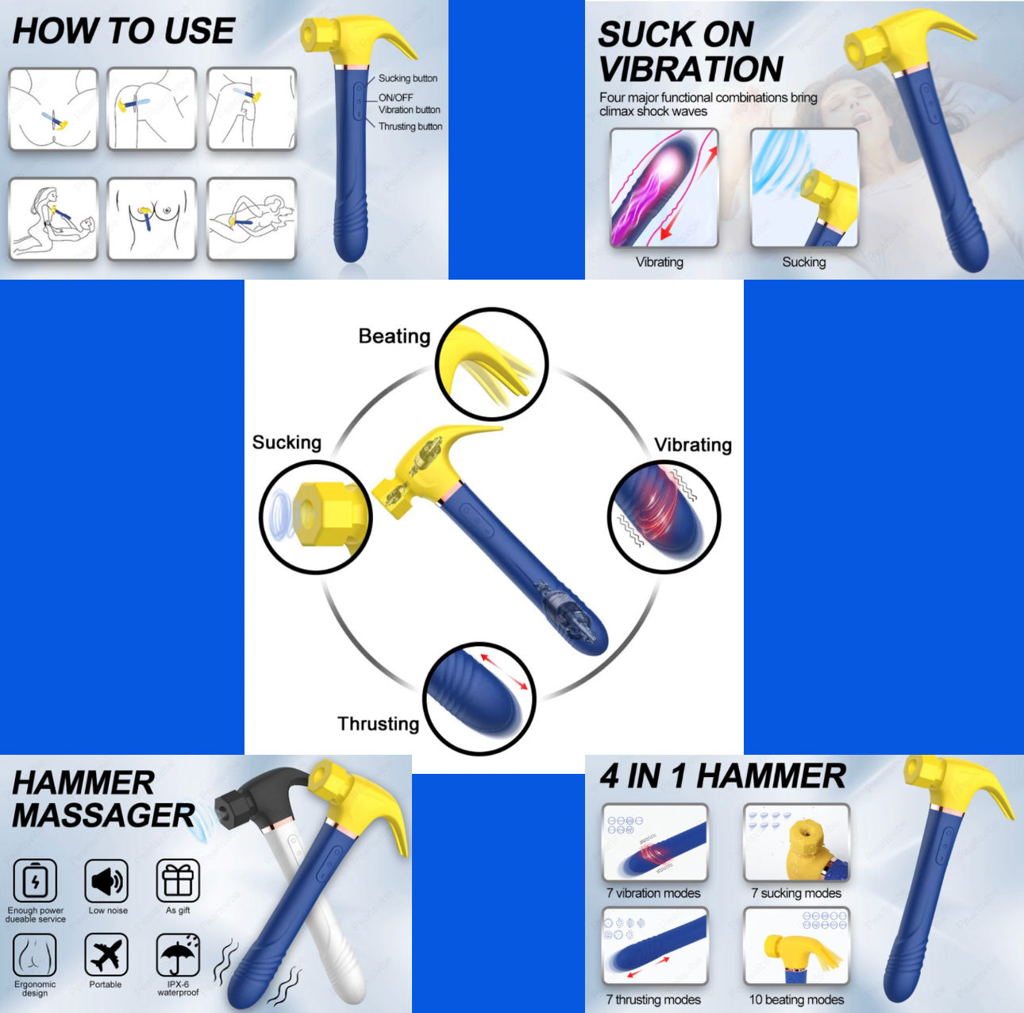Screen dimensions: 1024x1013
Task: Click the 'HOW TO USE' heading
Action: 123,31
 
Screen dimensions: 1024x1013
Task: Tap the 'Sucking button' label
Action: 407,78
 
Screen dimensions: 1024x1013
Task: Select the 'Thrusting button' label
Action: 410,126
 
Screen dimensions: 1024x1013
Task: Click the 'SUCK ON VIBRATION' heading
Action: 691,52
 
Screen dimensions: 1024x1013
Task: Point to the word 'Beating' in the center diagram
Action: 395,336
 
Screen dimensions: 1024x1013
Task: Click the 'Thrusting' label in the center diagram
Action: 379,724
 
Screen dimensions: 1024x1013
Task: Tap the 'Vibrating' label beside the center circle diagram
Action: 693,445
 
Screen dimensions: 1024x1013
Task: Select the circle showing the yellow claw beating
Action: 491,364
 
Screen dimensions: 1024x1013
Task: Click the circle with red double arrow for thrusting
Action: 479,698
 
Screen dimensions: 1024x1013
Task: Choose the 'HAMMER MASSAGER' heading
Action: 104,799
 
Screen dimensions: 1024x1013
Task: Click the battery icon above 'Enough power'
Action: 35,880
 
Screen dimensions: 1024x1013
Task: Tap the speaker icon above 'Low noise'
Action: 106,880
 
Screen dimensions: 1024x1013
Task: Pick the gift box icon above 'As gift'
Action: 178,880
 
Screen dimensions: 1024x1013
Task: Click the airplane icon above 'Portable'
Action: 106,954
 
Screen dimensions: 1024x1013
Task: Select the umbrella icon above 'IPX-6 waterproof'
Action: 178,954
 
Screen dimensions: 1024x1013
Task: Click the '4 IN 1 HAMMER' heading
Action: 722,776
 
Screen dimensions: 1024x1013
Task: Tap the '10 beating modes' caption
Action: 796,999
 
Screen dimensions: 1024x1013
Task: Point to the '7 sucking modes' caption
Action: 796,893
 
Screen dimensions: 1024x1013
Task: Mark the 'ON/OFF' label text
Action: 395,98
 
